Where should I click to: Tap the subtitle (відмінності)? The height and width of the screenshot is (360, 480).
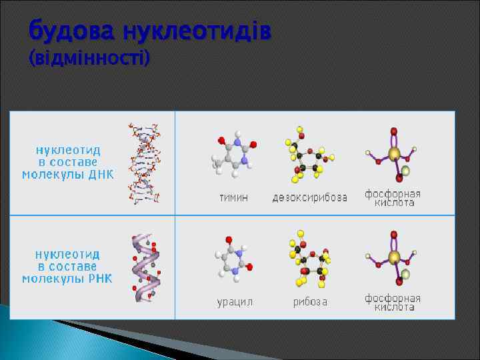tap(90, 59)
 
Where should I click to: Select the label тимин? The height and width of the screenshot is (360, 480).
tap(234, 198)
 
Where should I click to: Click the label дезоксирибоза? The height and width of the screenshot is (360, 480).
tap(309, 198)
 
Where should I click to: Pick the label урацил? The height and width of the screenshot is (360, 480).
tap(235, 302)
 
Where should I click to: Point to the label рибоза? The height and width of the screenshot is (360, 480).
tap(310, 302)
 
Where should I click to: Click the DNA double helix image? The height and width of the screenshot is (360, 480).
tap(145, 163)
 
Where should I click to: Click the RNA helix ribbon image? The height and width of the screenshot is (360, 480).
tap(145, 267)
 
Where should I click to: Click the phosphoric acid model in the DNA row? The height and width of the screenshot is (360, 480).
tap(393, 155)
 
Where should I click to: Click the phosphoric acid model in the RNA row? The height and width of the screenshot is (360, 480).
tap(393, 259)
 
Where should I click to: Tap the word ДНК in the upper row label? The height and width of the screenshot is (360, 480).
tap(101, 175)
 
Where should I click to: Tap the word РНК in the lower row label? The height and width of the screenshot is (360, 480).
tap(101, 278)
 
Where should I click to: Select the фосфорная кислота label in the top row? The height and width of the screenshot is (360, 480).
tap(393, 197)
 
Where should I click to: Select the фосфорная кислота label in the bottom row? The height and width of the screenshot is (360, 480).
tap(393, 302)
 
